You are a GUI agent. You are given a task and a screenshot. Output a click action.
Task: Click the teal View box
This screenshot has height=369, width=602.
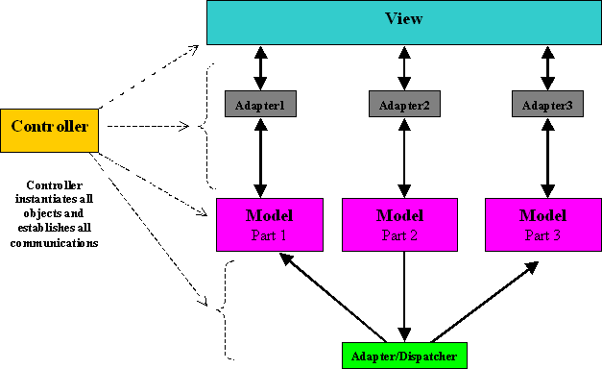(404, 22)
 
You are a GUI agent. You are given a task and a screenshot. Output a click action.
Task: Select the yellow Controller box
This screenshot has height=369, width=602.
(49, 126)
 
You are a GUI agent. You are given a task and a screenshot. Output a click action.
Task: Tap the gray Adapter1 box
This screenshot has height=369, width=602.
(259, 103)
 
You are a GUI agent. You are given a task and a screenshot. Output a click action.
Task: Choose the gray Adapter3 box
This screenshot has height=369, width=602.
(546, 103)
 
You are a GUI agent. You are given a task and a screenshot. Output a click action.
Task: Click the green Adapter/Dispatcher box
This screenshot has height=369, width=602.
(403, 356)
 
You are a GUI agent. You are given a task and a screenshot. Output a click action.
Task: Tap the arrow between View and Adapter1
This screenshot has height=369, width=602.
(260, 67)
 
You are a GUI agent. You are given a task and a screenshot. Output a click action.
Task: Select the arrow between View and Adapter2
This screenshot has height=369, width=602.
(402, 67)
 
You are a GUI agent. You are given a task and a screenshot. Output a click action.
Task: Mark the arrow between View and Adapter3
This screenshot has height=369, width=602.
(546, 67)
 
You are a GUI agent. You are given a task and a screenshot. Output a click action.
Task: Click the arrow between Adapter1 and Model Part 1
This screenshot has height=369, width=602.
(259, 157)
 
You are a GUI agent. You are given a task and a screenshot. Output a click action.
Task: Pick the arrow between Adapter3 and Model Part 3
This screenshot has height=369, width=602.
(546, 157)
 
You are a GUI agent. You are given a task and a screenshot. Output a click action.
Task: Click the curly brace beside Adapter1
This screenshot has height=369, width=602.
(204, 125)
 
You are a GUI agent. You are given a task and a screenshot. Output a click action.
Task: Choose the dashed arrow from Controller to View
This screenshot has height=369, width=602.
(154, 72)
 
